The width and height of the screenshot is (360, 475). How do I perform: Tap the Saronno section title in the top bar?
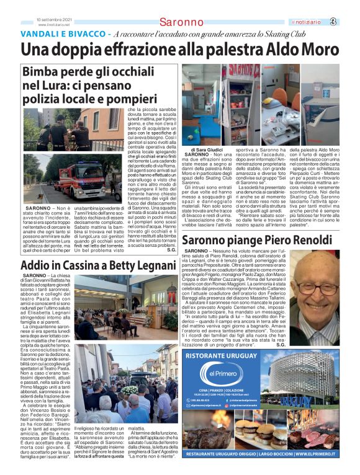[181, 23]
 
